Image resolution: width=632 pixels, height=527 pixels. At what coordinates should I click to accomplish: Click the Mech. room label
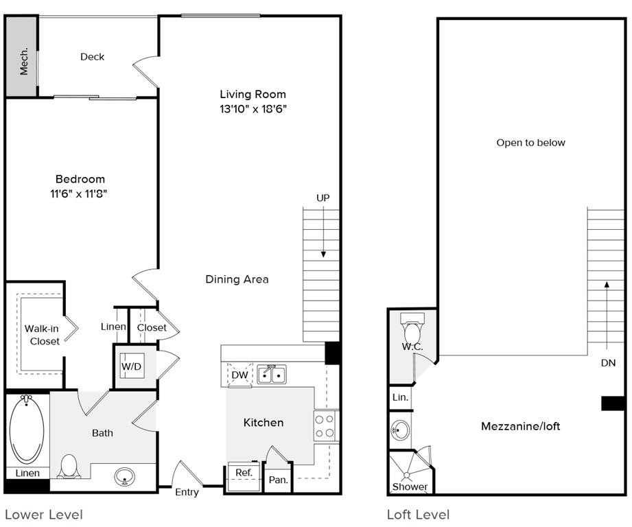(x=23, y=61)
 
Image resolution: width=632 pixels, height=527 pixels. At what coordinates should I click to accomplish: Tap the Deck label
(x=92, y=57)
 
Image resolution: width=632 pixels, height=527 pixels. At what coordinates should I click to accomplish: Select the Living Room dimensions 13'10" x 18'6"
(x=253, y=109)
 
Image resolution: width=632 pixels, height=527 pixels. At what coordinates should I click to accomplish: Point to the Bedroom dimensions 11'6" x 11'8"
(x=80, y=194)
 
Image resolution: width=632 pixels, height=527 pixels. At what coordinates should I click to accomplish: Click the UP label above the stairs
(x=323, y=198)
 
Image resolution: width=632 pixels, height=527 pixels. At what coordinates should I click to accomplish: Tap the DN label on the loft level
(x=608, y=363)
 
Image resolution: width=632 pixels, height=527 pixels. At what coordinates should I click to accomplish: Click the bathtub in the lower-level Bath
(x=27, y=430)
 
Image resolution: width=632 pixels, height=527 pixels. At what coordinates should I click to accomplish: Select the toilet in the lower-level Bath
(x=69, y=467)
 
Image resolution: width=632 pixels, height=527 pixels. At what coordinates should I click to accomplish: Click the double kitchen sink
(x=272, y=375)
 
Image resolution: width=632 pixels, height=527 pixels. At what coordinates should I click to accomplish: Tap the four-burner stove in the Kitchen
(x=325, y=425)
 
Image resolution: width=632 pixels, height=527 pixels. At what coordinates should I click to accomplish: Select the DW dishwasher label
(x=239, y=375)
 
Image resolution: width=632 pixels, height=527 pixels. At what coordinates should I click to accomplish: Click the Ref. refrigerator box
(x=244, y=473)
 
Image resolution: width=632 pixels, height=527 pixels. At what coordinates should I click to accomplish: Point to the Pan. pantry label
(x=278, y=480)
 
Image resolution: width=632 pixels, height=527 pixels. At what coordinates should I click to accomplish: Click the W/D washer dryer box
(x=131, y=366)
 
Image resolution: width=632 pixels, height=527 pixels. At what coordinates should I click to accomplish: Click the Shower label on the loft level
(x=410, y=487)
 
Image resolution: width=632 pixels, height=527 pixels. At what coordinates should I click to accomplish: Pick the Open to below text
(x=530, y=143)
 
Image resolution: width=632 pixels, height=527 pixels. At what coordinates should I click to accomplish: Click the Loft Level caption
(x=418, y=515)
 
